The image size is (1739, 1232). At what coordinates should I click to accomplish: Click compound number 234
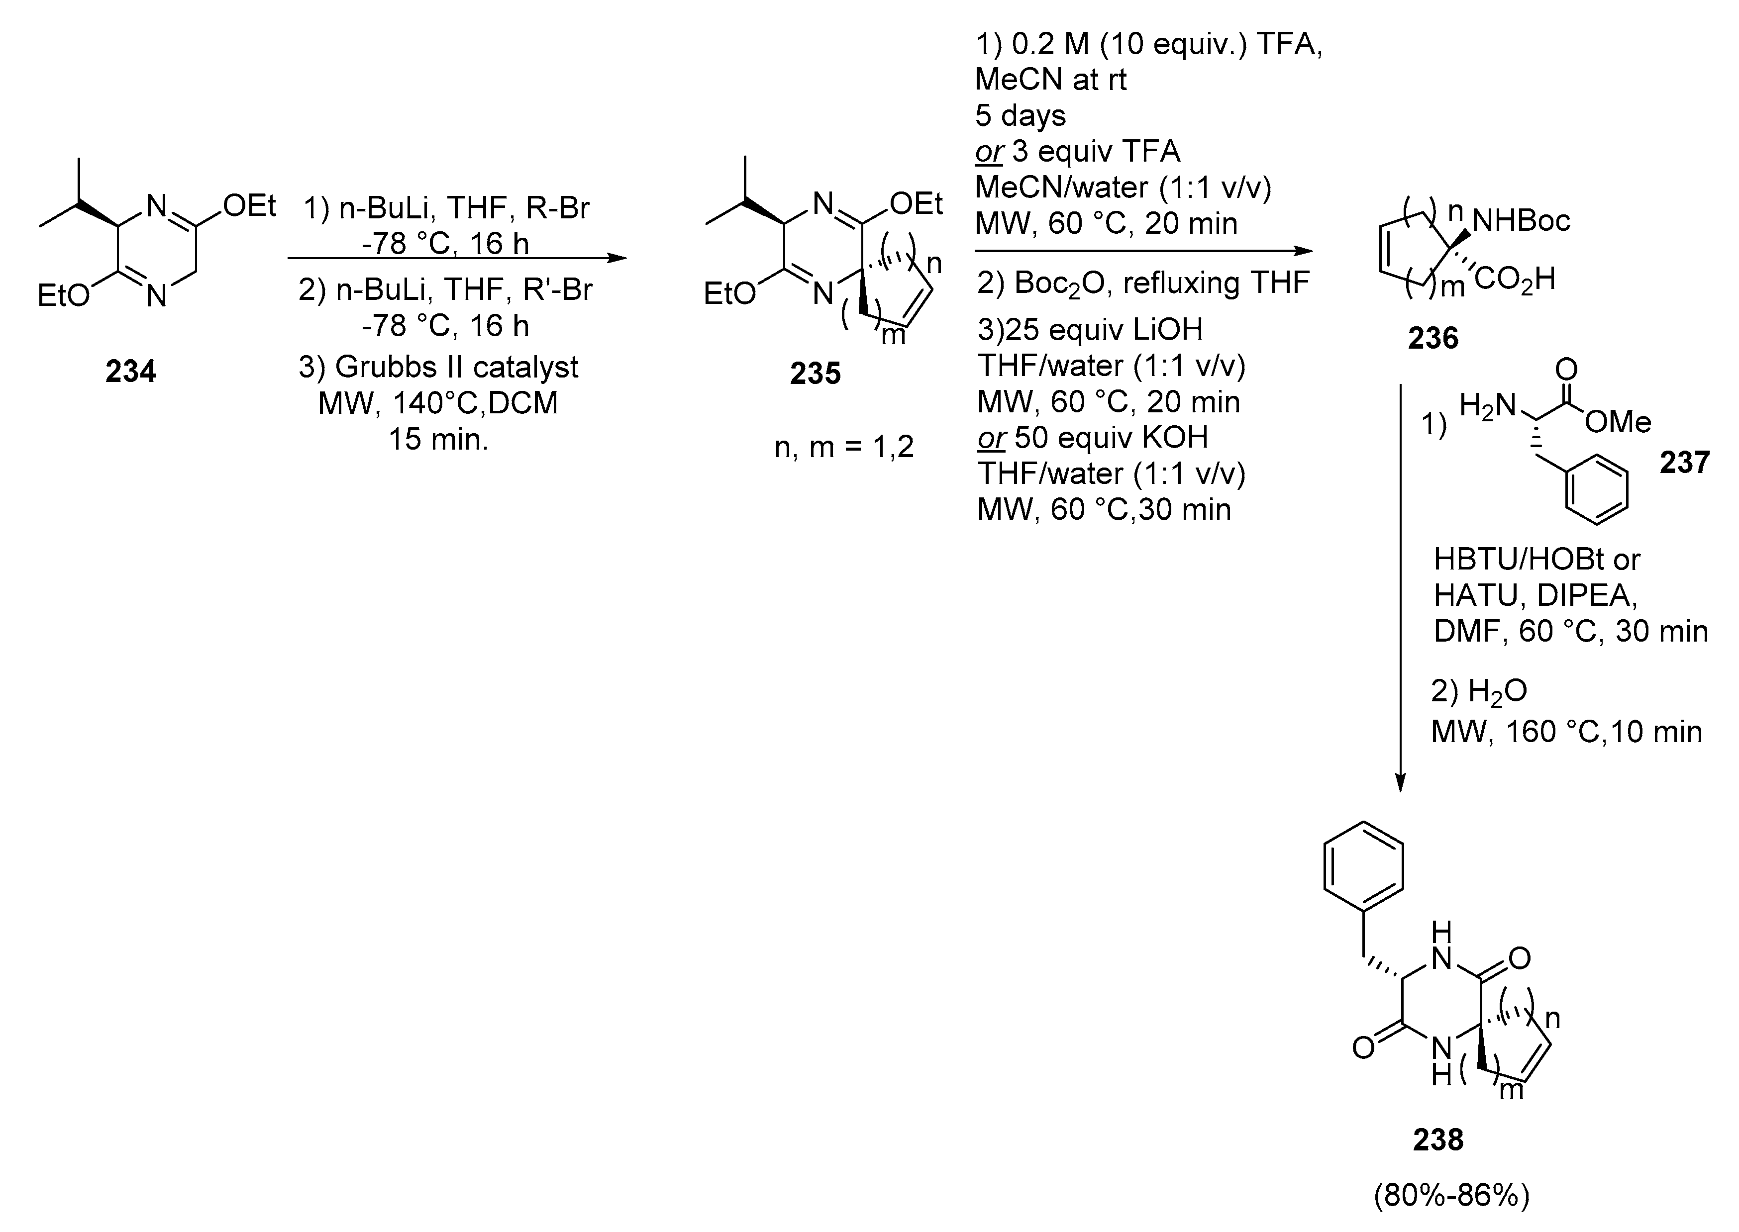(130, 372)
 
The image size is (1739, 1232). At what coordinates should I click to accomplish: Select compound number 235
(815, 373)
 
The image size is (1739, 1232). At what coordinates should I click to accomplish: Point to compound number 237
(1684, 462)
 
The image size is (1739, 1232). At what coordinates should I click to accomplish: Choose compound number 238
(1438, 1139)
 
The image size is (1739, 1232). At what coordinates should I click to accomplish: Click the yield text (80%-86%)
(1451, 1196)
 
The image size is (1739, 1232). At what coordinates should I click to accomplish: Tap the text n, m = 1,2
(844, 447)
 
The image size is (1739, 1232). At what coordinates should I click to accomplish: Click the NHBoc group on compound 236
(1521, 221)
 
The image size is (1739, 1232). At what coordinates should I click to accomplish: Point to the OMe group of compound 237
(1618, 422)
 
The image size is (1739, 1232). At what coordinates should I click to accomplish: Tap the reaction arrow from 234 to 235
(457, 258)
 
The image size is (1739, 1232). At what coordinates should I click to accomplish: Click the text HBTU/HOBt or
(1536, 560)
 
